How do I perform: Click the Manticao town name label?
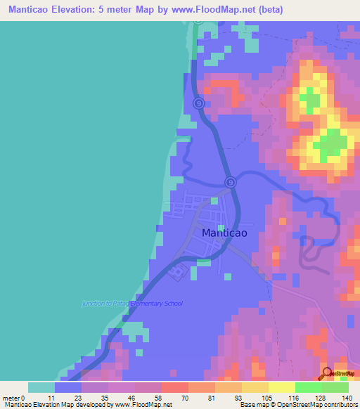coord(224,233)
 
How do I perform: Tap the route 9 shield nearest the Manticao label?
coord(230,183)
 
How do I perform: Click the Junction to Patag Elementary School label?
coord(131,304)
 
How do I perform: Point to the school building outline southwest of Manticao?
coord(179,271)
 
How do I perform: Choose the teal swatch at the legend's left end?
coord(41,387)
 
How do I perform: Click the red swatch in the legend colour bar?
coord(174,387)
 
